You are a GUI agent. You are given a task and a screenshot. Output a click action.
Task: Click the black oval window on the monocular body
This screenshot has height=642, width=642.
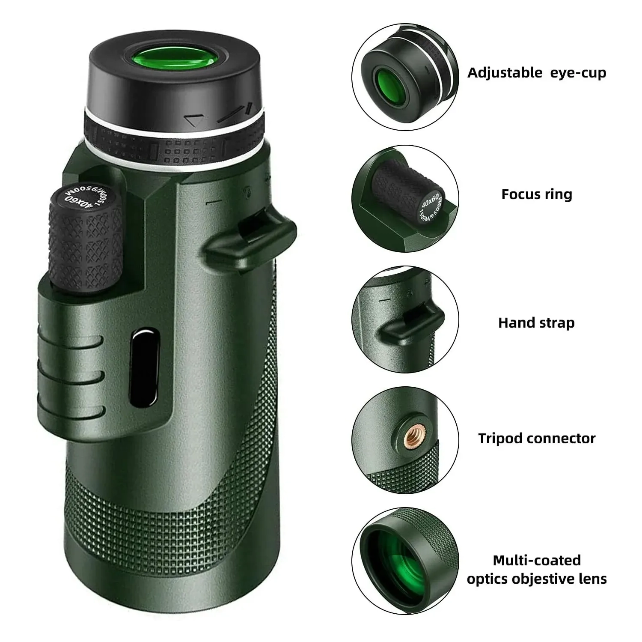click(144, 368)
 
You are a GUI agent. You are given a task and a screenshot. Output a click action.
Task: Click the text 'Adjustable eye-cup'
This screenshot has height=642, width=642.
click(536, 73)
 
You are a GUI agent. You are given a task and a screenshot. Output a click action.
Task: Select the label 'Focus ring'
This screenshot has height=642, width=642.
click(536, 194)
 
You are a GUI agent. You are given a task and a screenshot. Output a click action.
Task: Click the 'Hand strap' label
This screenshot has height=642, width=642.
click(536, 322)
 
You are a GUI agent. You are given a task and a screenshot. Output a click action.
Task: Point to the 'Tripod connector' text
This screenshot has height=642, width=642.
click(536, 439)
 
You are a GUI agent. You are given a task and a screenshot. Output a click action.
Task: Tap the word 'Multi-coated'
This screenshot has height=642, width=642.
click(536, 560)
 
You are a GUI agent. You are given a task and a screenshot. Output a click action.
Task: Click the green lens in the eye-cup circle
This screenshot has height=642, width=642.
click(390, 84)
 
